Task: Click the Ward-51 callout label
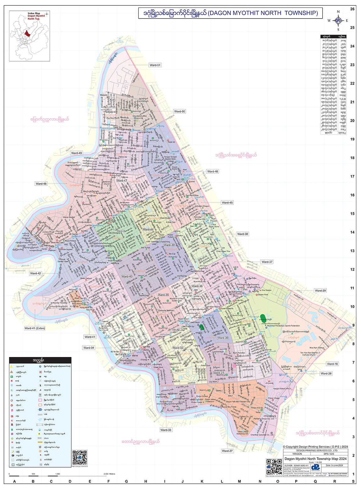155,65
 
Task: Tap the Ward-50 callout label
180,111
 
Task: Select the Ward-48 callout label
41,184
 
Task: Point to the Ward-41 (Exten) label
35,328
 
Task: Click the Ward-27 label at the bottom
227,451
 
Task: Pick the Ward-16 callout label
332,364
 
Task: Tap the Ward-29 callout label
320,291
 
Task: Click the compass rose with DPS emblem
338,21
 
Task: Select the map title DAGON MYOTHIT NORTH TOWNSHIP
230,13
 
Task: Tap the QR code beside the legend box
80,458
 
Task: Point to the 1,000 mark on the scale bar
58,474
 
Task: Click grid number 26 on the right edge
352,9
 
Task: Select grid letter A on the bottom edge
14,481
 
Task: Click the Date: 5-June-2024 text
334,465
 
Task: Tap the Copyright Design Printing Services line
315,447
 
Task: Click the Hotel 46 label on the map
171,142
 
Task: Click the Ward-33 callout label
166,430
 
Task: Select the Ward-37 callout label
267,262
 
